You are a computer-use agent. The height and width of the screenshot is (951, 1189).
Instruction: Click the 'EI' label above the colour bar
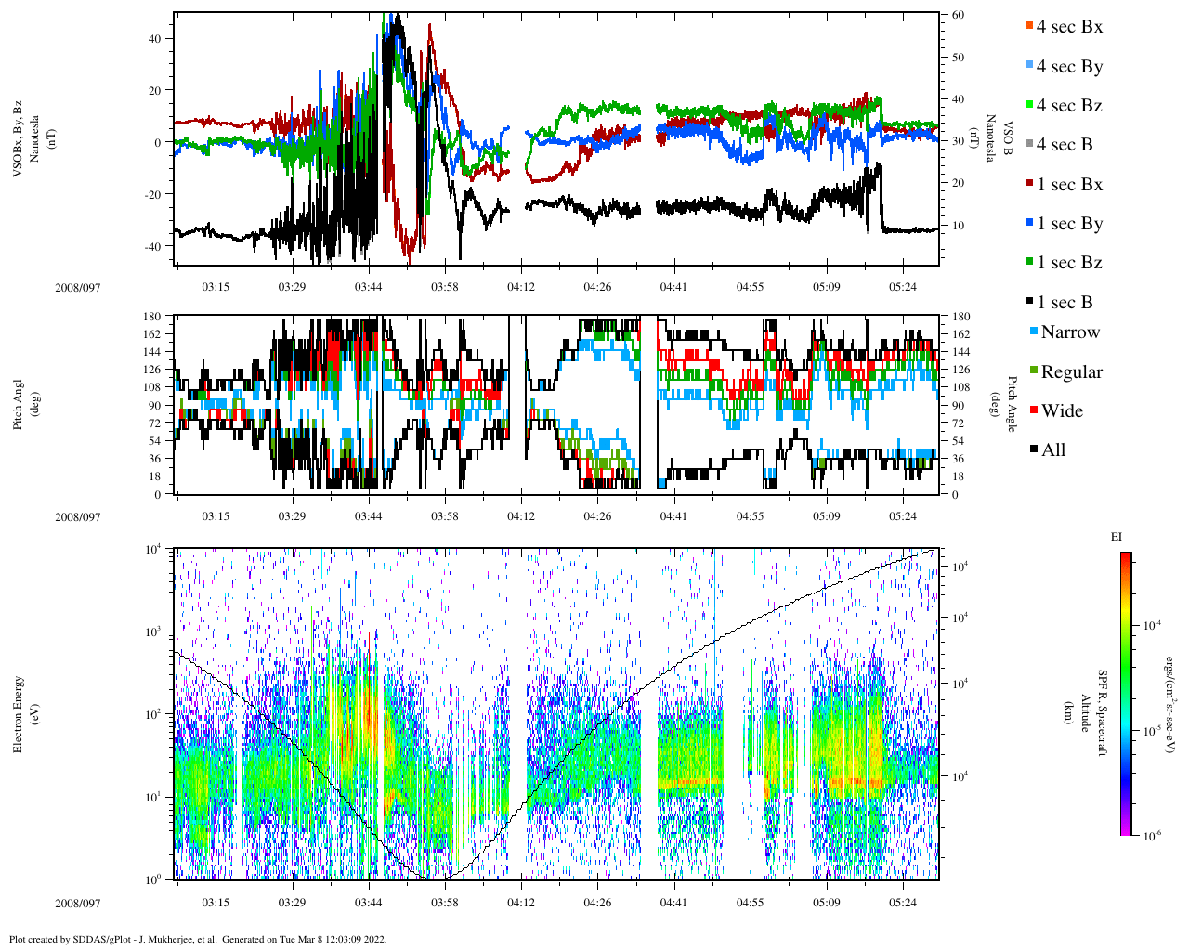click(1117, 537)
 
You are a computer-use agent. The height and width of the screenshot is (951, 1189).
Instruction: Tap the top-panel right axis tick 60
click(957, 15)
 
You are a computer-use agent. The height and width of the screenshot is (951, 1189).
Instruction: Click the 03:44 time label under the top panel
click(368, 287)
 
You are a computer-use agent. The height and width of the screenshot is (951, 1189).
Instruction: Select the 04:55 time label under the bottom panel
click(750, 903)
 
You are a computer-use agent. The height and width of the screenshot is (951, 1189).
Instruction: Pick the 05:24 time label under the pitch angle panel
click(902, 516)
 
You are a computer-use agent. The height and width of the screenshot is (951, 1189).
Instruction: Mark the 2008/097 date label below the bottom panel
click(77, 903)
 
